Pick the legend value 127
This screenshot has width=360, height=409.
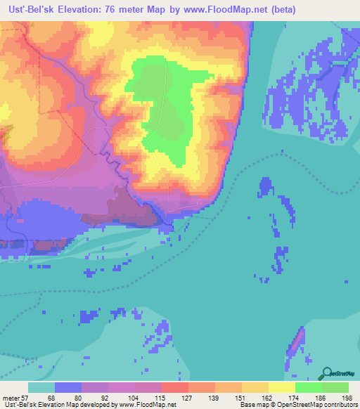point(181,398)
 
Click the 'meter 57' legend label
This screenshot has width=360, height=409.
point(13,398)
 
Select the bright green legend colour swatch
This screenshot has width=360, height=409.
point(308,387)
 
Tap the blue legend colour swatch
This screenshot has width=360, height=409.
point(68,387)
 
